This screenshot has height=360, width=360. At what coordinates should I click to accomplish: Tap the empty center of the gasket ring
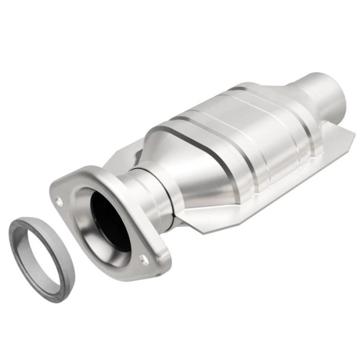[42, 257]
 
